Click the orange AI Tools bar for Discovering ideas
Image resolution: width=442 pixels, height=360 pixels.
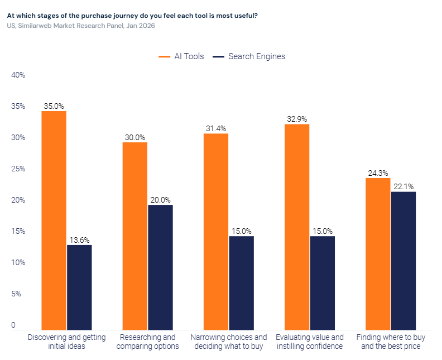(54, 220)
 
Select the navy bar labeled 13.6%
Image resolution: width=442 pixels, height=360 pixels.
(79, 287)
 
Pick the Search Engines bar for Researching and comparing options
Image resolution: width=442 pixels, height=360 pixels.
(160, 267)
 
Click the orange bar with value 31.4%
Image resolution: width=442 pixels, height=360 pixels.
(216, 232)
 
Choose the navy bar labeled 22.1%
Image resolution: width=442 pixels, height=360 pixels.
(403, 261)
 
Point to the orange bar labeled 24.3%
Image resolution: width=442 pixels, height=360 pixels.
(378, 254)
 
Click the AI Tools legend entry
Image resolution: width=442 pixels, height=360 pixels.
(181, 56)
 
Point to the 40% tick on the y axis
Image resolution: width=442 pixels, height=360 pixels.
(18, 75)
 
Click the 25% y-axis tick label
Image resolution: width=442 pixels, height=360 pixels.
(18, 169)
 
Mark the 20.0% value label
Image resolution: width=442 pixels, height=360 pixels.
(160, 200)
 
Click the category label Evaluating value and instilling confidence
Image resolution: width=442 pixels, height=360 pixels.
(310, 342)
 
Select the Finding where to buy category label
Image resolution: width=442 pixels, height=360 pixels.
(391, 342)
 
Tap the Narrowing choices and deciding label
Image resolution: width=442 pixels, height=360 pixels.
(229, 342)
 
